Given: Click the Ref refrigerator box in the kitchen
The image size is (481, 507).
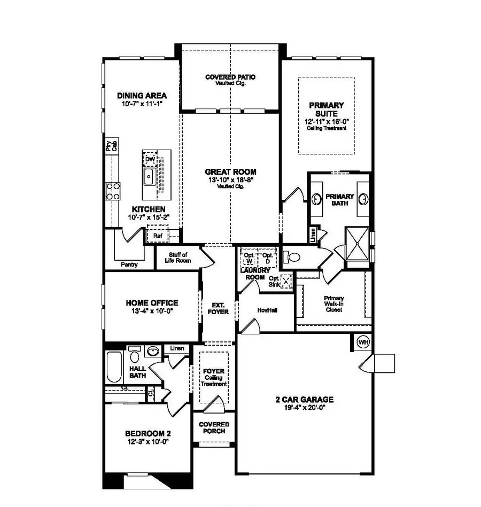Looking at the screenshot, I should [x=158, y=235].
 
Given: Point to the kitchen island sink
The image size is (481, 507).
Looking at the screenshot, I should [x=148, y=176].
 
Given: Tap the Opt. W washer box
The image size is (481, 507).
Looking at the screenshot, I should [x=249, y=258].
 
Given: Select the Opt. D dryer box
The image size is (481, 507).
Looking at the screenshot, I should [x=267, y=258].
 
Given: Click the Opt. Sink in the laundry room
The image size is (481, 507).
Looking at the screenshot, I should [x=286, y=281].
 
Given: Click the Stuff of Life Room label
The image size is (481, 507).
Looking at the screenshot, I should [x=177, y=258].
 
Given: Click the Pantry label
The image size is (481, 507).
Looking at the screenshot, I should [x=129, y=264].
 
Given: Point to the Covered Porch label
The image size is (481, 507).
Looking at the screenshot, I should [x=214, y=427].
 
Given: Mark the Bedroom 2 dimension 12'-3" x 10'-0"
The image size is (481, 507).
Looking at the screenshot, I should [x=148, y=442].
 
